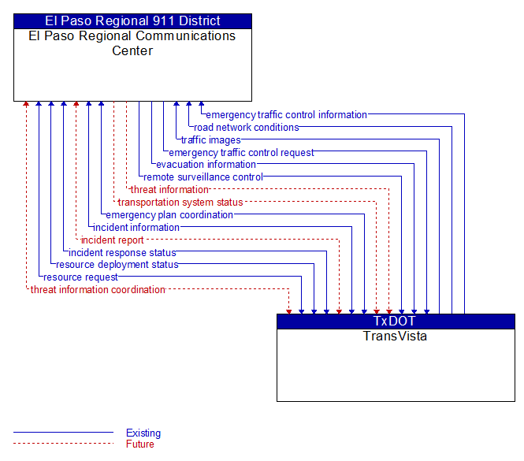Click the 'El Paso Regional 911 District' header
coord(132,21)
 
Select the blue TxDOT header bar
coord(396,322)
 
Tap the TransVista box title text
coord(395,336)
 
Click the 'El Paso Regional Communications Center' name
coord(132,43)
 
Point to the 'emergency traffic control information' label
coord(286,115)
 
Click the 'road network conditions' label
coord(247,128)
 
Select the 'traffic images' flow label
coord(211,140)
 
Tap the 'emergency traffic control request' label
coord(241,153)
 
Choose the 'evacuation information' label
coord(206,165)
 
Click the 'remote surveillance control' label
coord(203,177)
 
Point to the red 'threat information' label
coord(169,190)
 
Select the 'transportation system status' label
coord(180,203)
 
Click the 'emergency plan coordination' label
coord(169,215)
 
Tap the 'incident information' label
coord(136,228)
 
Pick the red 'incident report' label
coord(112,240)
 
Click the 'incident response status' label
coord(122,253)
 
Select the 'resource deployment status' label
coord(117,265)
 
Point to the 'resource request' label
coord(80,277)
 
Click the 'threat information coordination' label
coord(98,290)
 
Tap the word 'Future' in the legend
coord(140,444)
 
